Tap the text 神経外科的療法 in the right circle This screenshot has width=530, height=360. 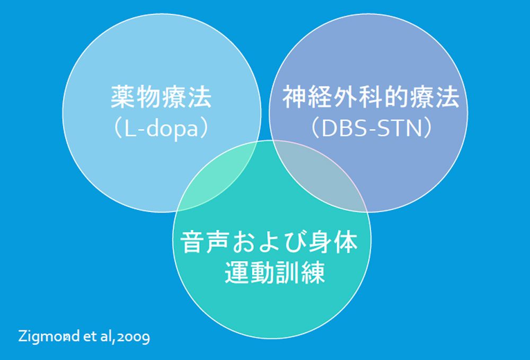click(370, 98)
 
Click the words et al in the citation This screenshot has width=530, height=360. click(97, 337)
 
